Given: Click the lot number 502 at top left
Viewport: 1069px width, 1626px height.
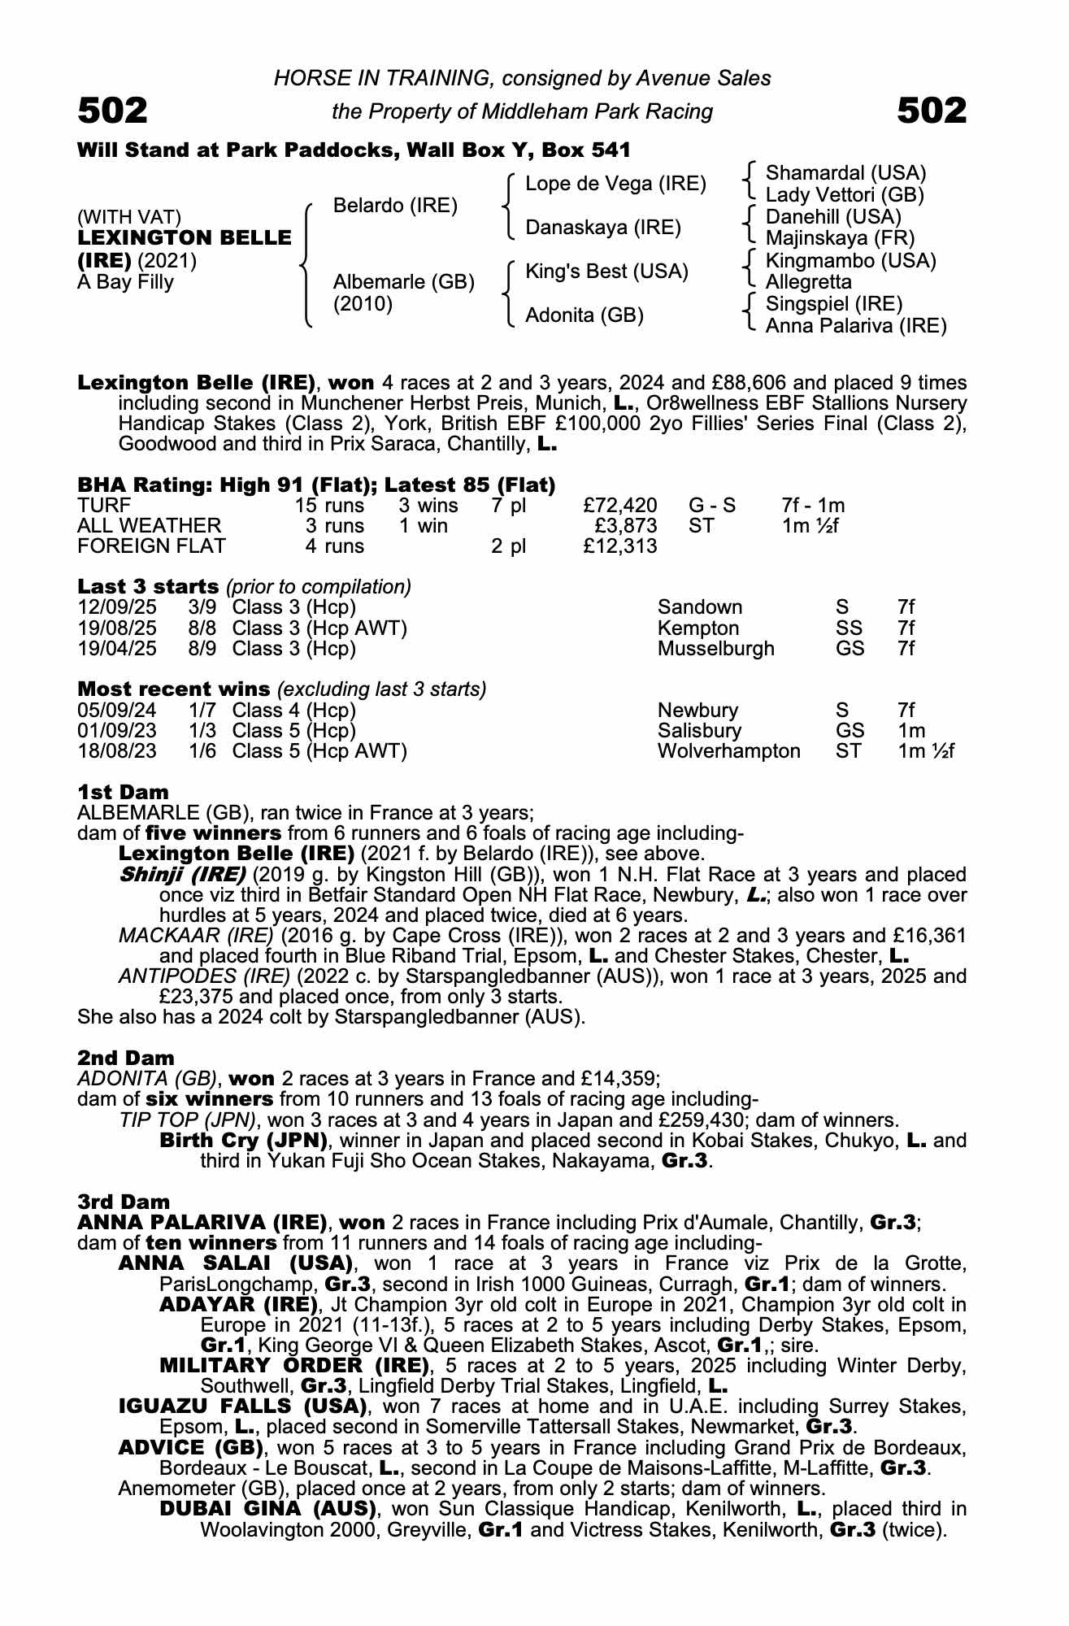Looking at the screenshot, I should (x=112, y=111).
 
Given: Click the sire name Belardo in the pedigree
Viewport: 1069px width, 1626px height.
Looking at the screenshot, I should (x=395, y=206).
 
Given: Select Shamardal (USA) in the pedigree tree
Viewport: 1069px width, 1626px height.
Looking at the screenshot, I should (x=845, y=173).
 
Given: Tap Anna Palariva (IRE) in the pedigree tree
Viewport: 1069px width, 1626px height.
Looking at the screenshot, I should (x=856, y=326).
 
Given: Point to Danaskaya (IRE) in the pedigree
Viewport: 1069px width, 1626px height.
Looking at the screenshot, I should (x=602, y=228).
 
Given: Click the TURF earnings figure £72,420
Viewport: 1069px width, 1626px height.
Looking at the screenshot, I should (x=620, y=506).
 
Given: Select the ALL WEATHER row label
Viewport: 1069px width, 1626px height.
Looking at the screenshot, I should (x=149, y=526).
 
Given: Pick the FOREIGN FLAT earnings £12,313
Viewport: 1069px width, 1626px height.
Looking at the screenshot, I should (x=620, y=546).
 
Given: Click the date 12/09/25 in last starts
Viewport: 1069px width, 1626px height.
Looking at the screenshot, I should (x=117, y=607).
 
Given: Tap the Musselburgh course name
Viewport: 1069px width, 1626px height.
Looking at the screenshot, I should (x=715, y=649).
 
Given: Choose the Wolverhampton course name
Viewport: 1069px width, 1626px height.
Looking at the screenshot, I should (x=728, y=750).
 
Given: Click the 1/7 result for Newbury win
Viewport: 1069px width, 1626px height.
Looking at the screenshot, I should (x=202, y=711).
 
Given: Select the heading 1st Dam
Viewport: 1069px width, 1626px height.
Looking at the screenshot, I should (x=123, y=792).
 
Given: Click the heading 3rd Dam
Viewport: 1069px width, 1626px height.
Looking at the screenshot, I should (x=124, y=1202).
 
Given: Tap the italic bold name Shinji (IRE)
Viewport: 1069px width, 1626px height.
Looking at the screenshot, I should (x=182, y=875).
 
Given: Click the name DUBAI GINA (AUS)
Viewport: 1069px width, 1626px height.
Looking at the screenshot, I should (x=267, y=1509).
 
